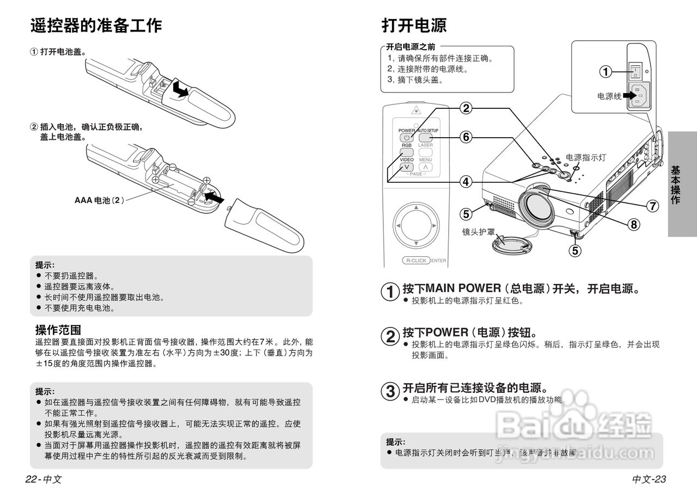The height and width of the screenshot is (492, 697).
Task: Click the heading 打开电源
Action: point(414,25)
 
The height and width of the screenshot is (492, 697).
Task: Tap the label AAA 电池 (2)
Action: point(100,200)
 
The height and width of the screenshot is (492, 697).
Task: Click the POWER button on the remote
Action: point(407,138)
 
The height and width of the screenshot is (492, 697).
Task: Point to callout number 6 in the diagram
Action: point(466,137)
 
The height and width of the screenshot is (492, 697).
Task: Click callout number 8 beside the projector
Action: point(633,224)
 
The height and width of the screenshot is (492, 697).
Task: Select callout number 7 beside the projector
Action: point(652,206)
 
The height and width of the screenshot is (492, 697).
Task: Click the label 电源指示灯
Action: point(586,157)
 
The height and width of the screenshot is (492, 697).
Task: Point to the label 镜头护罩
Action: point(479,231)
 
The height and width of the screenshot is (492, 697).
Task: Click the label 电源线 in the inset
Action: point(609,96)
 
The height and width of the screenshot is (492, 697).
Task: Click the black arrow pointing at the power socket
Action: point(630,96)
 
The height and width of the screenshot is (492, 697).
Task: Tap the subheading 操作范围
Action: point(58,330)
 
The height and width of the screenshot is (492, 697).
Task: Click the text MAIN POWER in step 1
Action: point(463,288)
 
